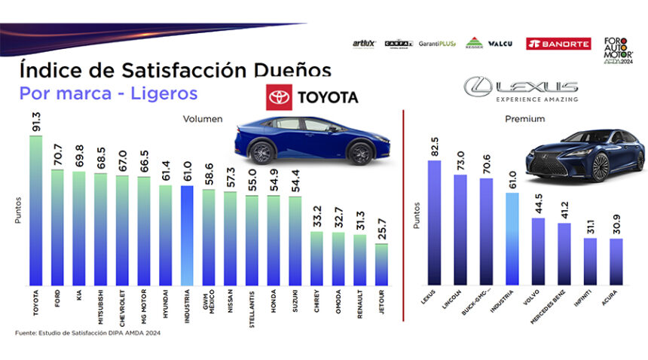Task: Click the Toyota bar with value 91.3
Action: tap(35, 211)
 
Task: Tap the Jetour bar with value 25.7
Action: tap(382, 264)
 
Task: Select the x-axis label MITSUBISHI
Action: tap(101, 305)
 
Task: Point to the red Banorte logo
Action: tap(558, 44)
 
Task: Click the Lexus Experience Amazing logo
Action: tap(521, 89)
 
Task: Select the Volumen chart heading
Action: tap(203, 118)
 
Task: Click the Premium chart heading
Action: tap(526, 119)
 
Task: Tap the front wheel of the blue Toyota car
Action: tap(361, 152)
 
